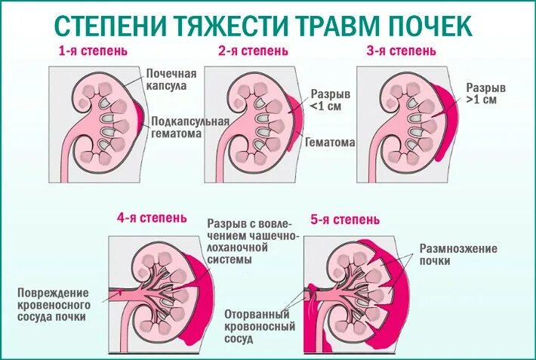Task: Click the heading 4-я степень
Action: coord(152,219)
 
